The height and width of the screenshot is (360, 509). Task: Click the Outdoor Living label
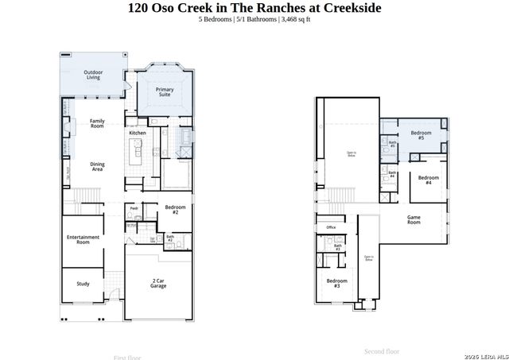coord(93,75)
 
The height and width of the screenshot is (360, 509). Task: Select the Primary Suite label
coord(165,92)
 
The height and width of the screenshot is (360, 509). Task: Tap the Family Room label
coord(97,123)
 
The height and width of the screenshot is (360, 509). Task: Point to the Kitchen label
coord(138,133)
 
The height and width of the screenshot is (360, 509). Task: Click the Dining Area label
coord(97,166)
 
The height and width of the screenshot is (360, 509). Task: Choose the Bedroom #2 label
coord(175,210)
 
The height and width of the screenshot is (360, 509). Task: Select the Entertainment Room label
coord(83,239)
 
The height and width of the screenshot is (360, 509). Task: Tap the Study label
coord(83,284)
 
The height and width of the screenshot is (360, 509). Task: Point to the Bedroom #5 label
coord(421,135)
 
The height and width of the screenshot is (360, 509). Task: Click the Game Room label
coord(414,220)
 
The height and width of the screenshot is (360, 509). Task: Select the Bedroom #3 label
coord(336,283)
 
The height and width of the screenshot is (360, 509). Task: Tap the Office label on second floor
coord(331,227)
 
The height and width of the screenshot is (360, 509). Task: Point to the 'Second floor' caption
coord(382,350)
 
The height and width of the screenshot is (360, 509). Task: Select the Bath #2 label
coord(169,238)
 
